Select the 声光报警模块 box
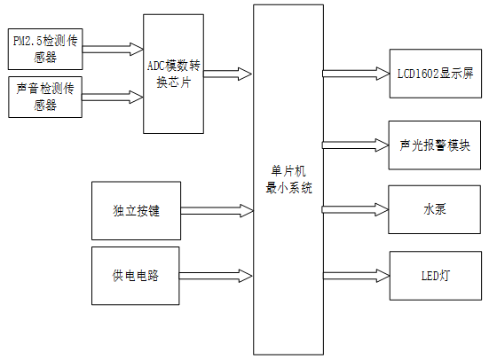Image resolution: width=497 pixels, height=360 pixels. [435, 144]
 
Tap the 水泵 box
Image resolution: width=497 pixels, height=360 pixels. [435, 209]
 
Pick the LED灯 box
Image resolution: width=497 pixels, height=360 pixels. [435, 274]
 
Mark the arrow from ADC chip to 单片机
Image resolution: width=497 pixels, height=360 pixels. [228, 74]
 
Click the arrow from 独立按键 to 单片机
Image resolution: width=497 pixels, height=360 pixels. [217, 211]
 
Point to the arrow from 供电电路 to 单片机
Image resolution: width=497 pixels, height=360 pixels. [217, 274]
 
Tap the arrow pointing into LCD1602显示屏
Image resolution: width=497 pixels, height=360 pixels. [355, 73]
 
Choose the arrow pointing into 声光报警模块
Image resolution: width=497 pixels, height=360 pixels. [355, 144]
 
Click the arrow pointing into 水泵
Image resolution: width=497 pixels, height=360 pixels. [355, 209]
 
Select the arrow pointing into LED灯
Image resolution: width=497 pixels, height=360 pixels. [355, 274]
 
